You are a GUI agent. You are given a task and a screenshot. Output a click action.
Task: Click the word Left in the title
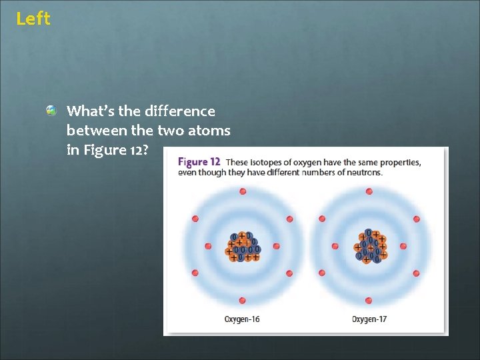[33, 19]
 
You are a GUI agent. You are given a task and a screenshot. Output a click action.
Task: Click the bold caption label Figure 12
[199, 162]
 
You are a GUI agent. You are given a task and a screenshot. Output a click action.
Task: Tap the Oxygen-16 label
[242, 319]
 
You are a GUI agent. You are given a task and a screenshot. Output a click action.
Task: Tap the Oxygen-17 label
[369, 319]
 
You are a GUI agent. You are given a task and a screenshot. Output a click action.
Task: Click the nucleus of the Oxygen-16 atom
[243, 246]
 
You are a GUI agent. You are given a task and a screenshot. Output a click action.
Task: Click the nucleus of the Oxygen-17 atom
[370, 246]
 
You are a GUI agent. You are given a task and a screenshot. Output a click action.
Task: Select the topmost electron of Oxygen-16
[243, 191]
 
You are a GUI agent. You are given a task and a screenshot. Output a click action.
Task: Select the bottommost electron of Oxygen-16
[243, 301]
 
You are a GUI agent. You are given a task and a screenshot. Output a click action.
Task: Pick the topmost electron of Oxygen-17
[370, 191]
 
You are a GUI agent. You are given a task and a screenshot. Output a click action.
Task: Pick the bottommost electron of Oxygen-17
[370, 301]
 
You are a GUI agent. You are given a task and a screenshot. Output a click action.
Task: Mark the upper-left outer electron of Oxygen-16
[195, 219]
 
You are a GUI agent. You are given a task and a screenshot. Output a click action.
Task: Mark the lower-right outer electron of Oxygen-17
[417, 273]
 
